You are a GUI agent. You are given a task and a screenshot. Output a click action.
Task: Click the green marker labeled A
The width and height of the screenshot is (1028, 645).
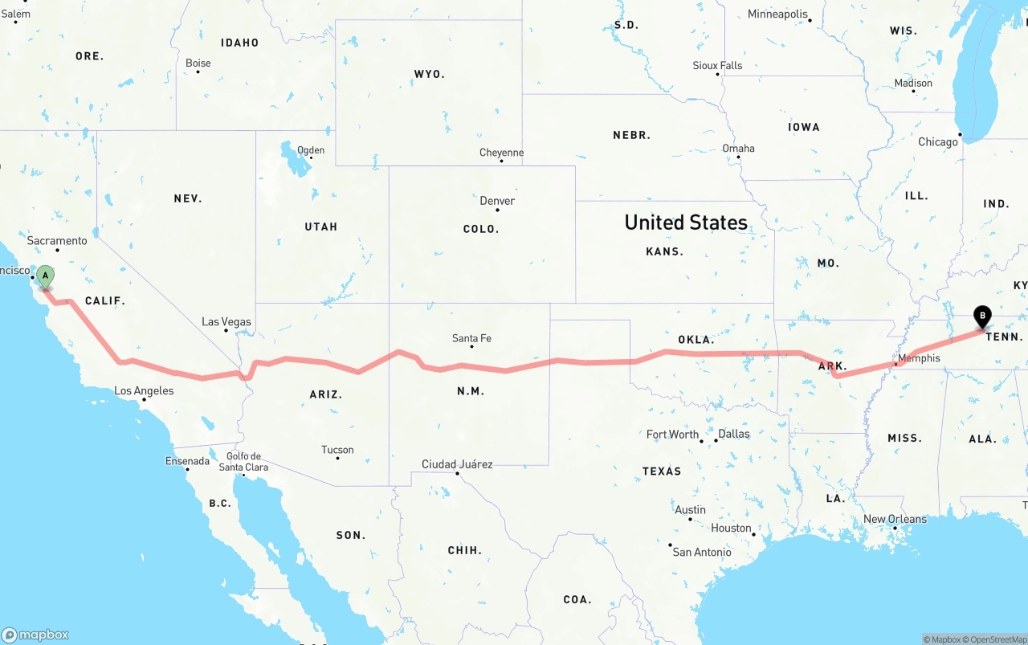46,277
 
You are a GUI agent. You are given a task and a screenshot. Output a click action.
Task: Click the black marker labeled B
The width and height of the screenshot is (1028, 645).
981,316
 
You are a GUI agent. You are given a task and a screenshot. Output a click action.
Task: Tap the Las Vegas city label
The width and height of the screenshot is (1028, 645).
226,321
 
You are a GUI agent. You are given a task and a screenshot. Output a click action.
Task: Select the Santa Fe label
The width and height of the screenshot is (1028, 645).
471,338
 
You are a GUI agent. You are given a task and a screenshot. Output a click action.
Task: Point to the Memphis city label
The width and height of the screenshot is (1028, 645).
919,357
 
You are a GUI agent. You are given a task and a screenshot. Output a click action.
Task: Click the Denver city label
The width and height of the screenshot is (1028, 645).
497,201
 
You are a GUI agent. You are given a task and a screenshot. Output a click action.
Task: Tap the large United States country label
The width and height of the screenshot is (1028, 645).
686,222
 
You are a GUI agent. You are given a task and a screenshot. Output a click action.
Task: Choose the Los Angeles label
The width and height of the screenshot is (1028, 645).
144,391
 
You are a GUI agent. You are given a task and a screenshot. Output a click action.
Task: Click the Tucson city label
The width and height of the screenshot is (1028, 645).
337,450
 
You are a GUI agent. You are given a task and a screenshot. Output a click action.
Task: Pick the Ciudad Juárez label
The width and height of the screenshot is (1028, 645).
457,464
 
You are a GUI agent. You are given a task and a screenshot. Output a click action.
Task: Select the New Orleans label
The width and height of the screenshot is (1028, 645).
895,519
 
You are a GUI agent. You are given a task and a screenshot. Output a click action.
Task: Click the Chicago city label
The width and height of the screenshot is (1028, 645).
938,141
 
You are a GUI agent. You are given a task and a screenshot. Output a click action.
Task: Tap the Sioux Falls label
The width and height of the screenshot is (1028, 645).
717,65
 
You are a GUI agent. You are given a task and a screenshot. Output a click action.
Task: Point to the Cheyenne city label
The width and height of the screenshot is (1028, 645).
501,153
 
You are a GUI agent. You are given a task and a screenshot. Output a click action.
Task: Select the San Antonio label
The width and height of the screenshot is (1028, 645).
702,552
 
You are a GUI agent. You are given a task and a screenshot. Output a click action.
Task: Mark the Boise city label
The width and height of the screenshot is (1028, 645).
198,63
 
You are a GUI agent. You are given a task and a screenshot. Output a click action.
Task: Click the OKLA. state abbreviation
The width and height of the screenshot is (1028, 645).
696,340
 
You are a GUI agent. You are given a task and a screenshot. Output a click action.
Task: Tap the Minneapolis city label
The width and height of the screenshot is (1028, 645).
777,14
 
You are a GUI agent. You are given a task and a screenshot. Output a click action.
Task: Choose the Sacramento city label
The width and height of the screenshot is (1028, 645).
57,240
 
